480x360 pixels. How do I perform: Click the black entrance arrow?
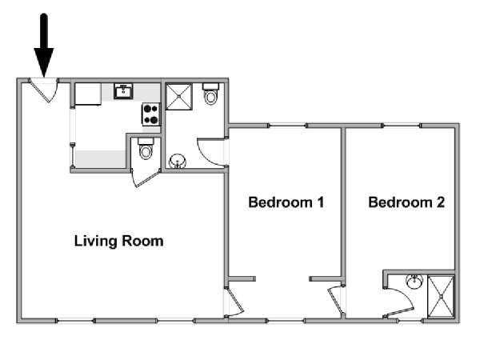(x=44, y=46)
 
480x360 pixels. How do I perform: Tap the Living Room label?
(x=118, y=242)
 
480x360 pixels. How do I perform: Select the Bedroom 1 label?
(x=286, y=202)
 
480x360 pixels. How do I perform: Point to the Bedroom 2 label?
(x=406, y=202)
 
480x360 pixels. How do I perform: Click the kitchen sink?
(x=123, y=91)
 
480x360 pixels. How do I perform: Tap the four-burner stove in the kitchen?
(x=151, y=114)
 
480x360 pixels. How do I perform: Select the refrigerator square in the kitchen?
(x=88, y=94)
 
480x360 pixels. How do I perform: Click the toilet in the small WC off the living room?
(x=146, y=149)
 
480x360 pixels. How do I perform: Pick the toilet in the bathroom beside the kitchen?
(x=210, y=94)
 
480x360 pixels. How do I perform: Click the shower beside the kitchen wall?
(x=178, y=97)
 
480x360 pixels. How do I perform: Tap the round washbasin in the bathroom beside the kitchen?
(x=178, y=161)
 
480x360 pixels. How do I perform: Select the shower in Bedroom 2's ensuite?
(x=441, y=296)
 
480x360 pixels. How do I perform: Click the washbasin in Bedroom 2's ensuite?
(x=414, y=282)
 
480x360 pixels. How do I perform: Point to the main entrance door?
(x=44, y=90)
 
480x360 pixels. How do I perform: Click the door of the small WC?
(x=146, y=178)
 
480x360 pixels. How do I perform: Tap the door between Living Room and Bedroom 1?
(x=234, y=302)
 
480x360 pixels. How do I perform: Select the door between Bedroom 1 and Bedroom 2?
(x=336, y=300)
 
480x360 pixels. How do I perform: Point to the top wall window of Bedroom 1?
(x=287, y=126)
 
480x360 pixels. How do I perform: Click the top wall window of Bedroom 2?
(x=402, y=126)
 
